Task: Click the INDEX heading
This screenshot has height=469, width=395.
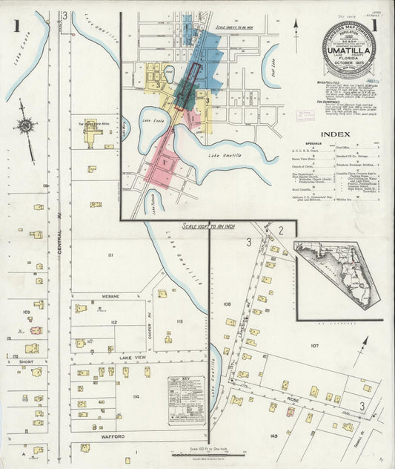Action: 336,134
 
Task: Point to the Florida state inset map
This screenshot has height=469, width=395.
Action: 339,272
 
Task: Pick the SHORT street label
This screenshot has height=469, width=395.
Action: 27,362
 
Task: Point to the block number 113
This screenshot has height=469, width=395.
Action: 179,321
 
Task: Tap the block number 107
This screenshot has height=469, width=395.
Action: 314,346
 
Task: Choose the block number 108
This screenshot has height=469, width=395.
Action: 227,304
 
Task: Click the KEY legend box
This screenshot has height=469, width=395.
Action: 186,399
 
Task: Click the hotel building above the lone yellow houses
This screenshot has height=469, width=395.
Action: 92,132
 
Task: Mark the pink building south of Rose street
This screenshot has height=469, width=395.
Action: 273,407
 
